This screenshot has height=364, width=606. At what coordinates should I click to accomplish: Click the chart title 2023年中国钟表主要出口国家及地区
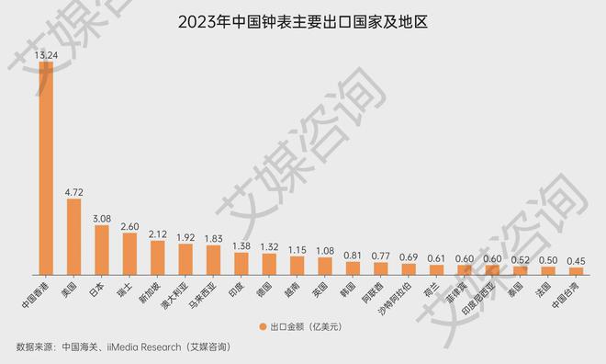(x=303, y=21)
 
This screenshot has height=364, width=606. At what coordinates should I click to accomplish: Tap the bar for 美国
(x=73, y=236)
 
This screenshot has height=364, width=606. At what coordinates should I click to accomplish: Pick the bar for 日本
(x=101, y=249)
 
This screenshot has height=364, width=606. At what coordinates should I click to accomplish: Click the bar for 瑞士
(x=129, y=253)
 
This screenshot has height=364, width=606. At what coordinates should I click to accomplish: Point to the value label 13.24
(x=45, y=55)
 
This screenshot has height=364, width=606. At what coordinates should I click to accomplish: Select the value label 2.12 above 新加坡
(x=157, y=233)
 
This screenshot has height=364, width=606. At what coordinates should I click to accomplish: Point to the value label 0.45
(x=576, y=260)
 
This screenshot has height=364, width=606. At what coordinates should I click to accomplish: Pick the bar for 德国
(x=269, y=263)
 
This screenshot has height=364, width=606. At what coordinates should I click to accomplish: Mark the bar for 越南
(x=297, y=265)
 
